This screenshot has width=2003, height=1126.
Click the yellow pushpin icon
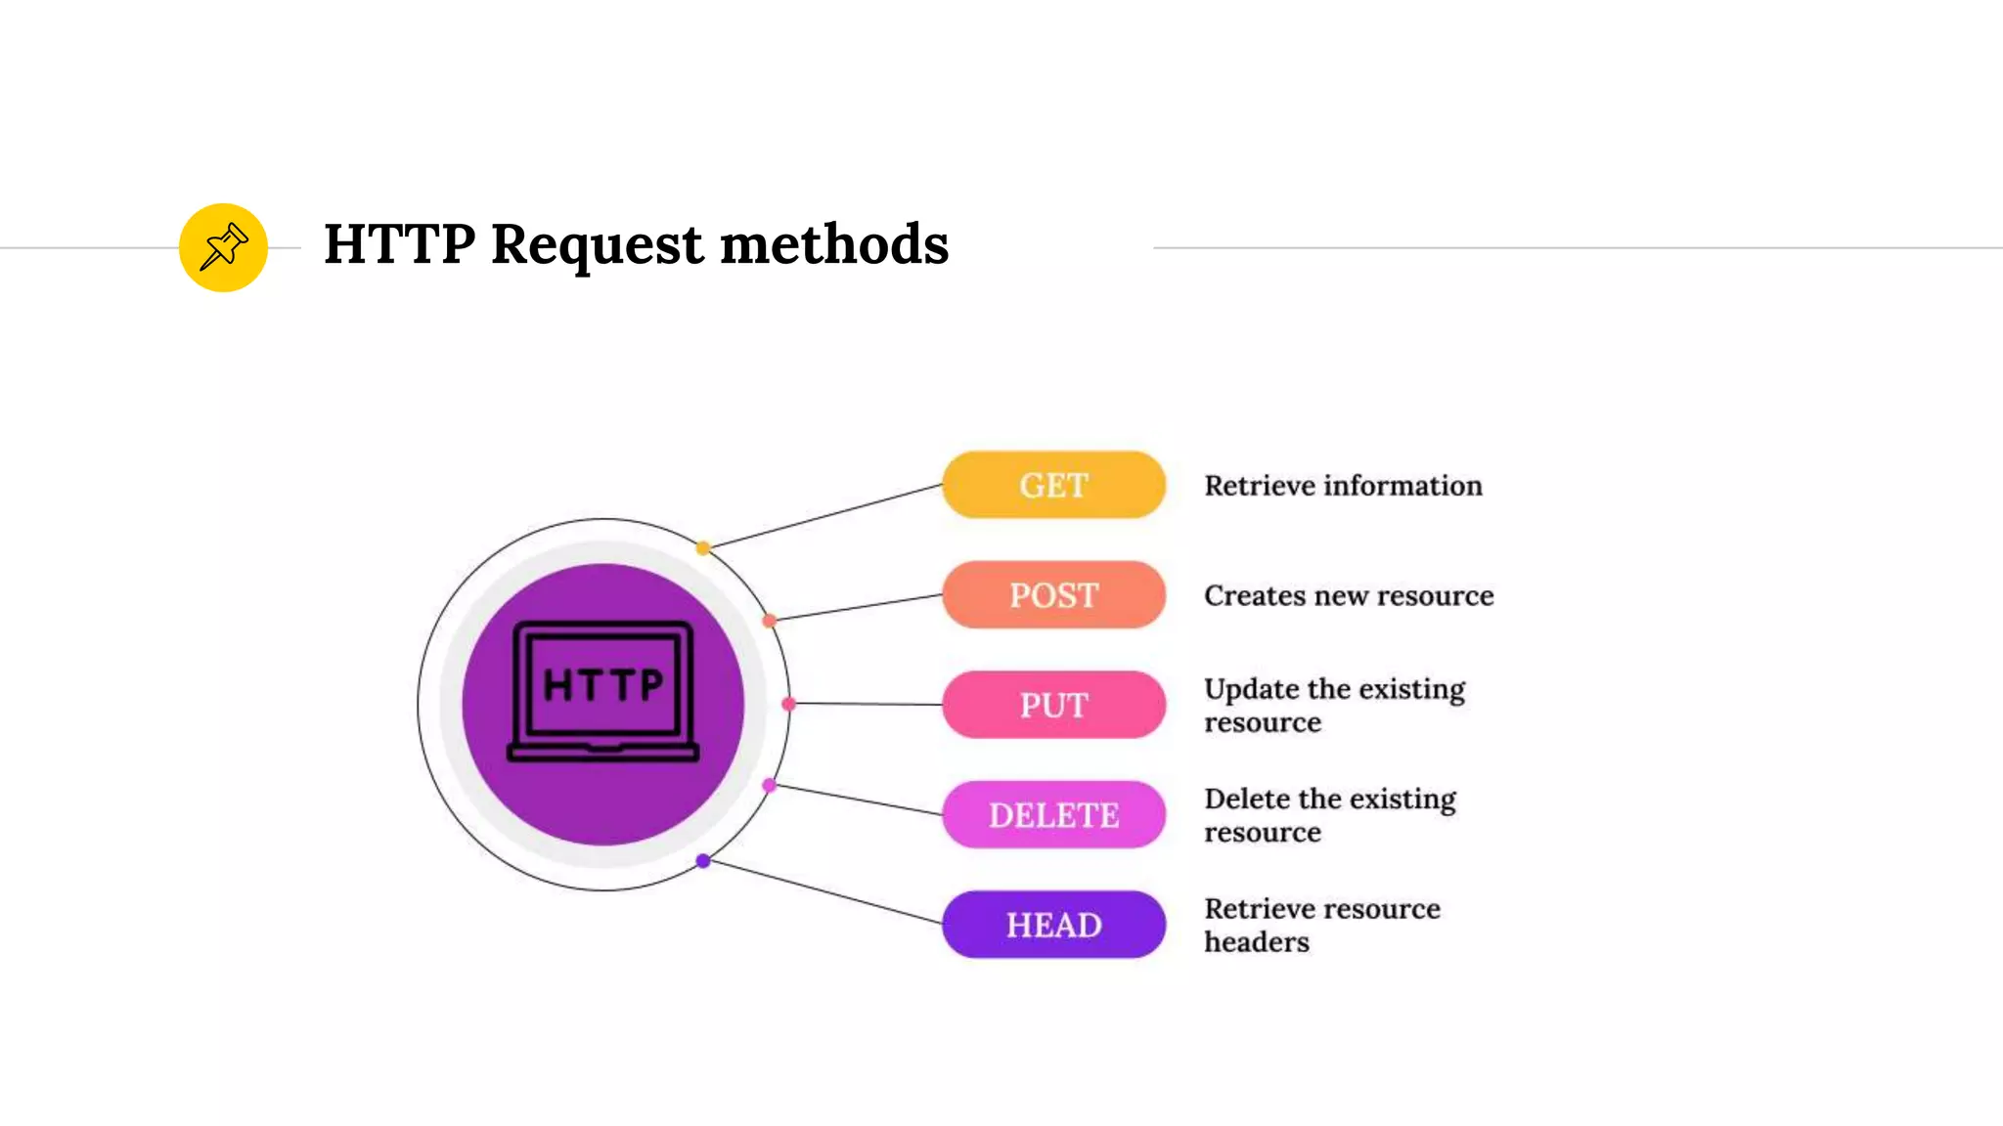click(223, 247)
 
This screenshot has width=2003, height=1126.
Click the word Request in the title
click(597, 244)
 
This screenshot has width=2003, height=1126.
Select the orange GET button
click(1053, 485)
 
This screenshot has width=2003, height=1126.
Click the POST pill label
click(1053, 595)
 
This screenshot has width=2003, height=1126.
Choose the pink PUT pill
click(1053, 705)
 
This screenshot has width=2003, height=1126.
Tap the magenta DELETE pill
click(1053, 815)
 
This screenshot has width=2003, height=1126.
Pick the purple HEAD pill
click(1053, 925)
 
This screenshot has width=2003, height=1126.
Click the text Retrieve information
click(1343, 486)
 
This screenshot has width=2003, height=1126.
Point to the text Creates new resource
click(1349, 596)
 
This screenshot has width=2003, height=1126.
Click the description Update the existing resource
click(1334, 706)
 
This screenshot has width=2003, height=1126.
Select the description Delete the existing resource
click(1330, 815)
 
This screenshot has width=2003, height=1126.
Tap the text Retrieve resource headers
click(1321, 925)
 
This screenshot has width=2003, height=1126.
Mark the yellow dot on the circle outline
click(703, 548)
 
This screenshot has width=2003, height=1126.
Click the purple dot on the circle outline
click(703, 861)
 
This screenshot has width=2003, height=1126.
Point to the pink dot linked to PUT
click(788, 704)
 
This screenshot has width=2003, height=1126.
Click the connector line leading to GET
click(823, 516)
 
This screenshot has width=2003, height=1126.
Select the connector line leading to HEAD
click(823, 892)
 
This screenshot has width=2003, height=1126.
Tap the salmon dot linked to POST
click(770, 621)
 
